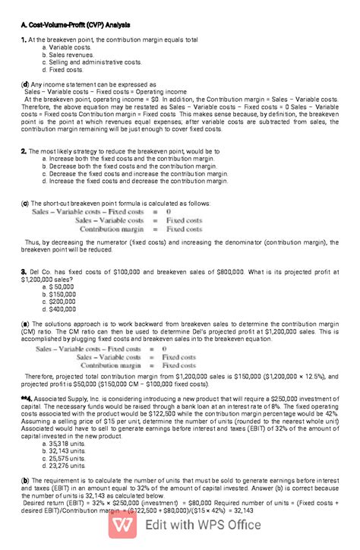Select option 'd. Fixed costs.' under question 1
tap(66, 69)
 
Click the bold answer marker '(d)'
tap(26, 84)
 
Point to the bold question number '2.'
tap(24, 151)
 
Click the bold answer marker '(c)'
tap(26, 204)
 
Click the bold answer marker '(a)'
tap(26, 324)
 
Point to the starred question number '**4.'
tap(27, 398)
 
